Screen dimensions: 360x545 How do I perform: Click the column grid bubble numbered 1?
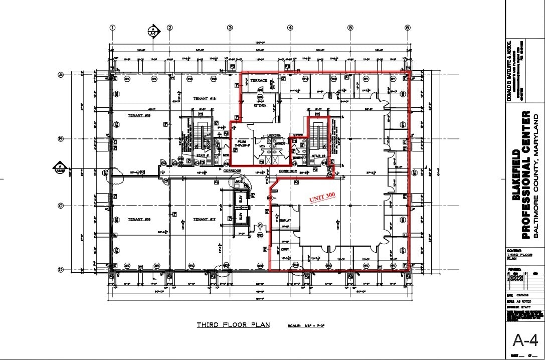tap(113, 28)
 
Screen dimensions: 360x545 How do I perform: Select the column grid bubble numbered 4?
tap(290, 28)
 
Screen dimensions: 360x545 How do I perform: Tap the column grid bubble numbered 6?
tap(408, 28)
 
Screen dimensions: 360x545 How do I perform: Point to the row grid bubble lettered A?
tap(61, 75)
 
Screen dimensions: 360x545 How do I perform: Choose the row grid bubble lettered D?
tap(61, 270)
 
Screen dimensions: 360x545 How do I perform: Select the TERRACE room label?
tap(259, 80)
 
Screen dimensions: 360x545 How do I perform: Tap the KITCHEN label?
tap(260, 106)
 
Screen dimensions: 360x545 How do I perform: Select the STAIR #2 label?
tap(319, 156)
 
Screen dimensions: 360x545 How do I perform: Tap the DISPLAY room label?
tap(285, 220)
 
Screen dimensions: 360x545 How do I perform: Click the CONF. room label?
tap(284, 249)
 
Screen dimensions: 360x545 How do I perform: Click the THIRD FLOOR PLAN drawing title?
tap(233, 325)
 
